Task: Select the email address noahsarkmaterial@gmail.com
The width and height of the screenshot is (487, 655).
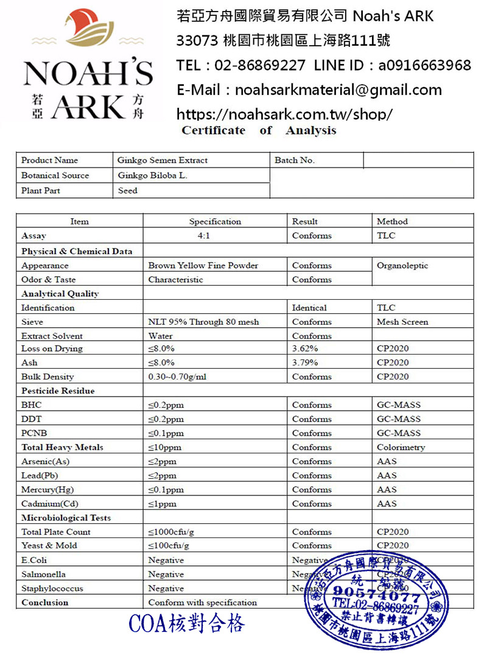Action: (x=338, y=90)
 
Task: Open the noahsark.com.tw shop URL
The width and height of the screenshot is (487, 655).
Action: (x=284, y=114)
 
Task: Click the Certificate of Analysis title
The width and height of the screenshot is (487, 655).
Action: (x=259, y=130)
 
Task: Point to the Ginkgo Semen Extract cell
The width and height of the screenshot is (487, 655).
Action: (x=163, y=160)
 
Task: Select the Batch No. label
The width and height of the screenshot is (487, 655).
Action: (x=295, y=160)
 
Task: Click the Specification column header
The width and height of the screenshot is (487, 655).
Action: (x=215, y=221)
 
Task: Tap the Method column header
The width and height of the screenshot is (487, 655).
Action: (x=392, y=221)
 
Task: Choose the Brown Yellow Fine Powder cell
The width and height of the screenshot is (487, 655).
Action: (x=203, y=266)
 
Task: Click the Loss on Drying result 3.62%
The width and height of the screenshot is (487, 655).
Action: (x=305, y=349)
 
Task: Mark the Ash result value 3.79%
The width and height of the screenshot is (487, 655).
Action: (x=305, y=363)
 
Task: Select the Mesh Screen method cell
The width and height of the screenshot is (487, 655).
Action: (x=402, y=322)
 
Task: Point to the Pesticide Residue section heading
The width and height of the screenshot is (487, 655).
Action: (x=58, y=391)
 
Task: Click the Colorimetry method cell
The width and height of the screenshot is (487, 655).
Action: (x=401, y=447)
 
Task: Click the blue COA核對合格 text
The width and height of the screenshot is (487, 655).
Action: (x=187, y=623)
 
